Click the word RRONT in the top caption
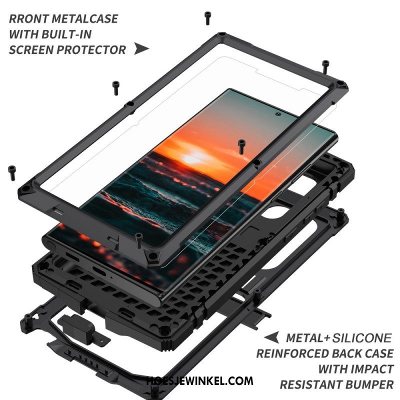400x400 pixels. click(28, 19)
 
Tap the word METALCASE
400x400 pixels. click(85, 19)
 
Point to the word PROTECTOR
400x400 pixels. click(91, 50)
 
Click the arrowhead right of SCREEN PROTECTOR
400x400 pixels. click(141, 49)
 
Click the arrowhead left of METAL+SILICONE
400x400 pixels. click(271, 337)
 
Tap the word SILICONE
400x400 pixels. click(361, 338)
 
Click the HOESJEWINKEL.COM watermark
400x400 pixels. click(200, 381)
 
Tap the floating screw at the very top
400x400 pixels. click(207, 18)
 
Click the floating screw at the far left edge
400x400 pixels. click(11, 173)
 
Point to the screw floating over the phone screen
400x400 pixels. click(241, 146)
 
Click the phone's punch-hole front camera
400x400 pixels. click(278, 114)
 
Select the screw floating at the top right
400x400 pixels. click(325, 67)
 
